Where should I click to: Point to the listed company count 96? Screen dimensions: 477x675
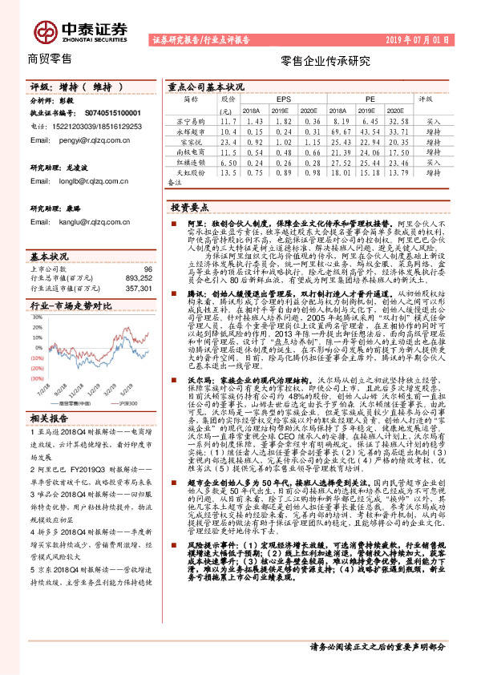(147, 269)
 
